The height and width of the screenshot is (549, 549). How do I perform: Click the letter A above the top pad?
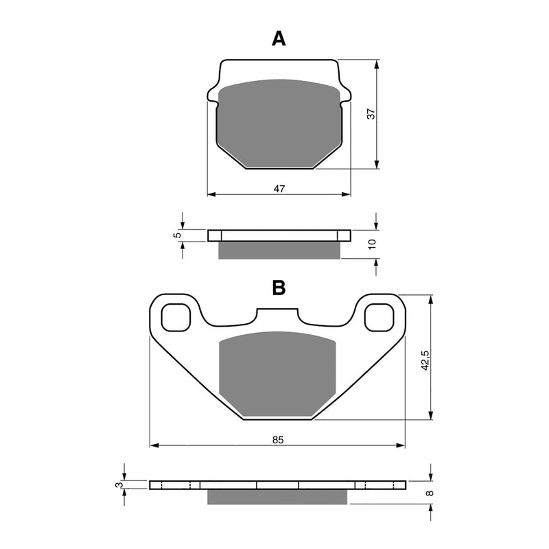pyautogui.click(x=278, y=38)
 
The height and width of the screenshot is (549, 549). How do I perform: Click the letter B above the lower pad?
pyautogui.click(x=278, y=288)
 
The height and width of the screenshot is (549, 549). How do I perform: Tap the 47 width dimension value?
pyautogui.click(x=279, y=188)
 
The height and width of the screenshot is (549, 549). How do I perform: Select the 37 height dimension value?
pyautogui.click(x=371, y=114)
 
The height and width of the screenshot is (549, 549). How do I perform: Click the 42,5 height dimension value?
pyautogui.click(x=425, y=360)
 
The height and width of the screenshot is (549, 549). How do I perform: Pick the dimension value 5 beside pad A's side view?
pyautogui.click(x=177, y=235)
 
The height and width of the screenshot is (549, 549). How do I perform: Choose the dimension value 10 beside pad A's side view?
pyautogui.click(x=371, y=244)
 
